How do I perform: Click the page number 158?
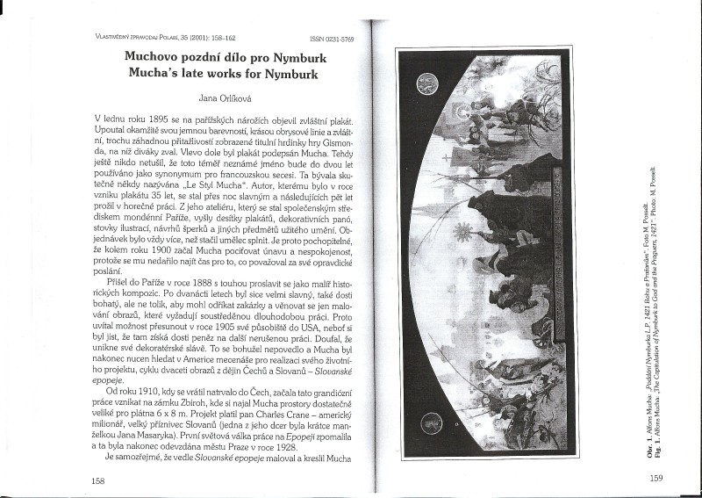point(99,480)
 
